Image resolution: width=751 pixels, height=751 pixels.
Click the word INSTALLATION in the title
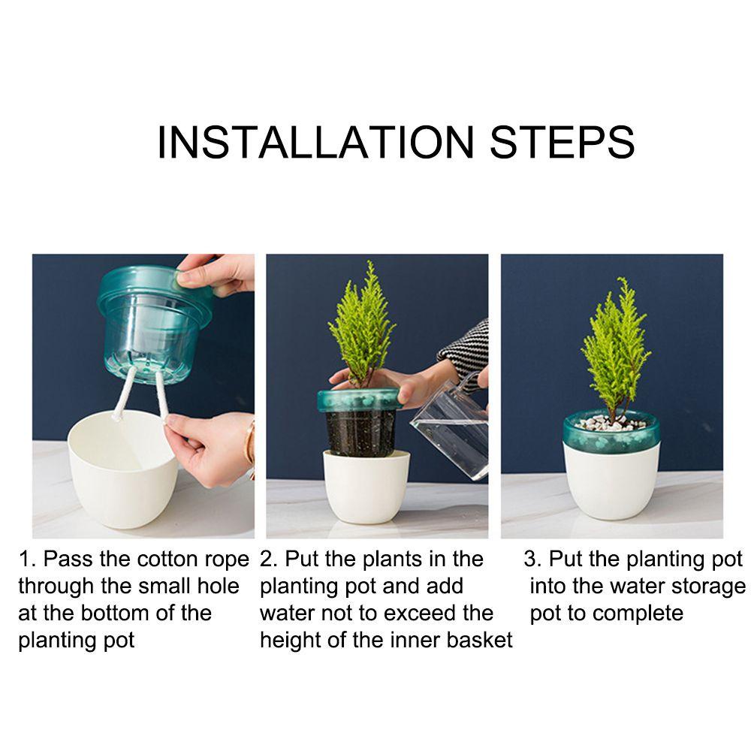315,142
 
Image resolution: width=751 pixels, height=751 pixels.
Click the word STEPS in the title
562,142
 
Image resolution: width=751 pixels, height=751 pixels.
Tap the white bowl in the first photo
123,469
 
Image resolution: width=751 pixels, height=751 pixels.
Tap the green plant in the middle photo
363,326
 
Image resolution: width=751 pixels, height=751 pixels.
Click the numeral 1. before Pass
27,559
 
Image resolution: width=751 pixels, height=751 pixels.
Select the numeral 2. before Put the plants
268,559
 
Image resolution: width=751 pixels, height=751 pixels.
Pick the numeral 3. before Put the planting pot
532,559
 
